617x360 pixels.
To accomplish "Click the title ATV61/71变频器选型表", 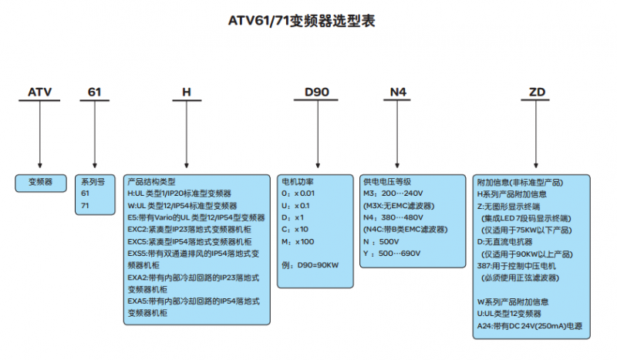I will point(308,21).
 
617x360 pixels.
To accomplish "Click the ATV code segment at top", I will point(39,93).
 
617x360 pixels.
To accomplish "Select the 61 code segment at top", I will point(94,93).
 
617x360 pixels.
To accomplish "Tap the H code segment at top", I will point(186,93).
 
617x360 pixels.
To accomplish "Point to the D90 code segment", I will point(317,93).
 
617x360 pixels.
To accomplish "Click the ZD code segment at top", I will point(538,93).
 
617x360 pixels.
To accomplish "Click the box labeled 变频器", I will point(40,183).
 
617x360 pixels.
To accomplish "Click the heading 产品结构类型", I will point(152,182).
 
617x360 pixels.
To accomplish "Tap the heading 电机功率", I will point(298,182).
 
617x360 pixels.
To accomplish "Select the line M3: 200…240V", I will point(393,193).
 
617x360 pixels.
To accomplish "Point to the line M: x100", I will point(299,241).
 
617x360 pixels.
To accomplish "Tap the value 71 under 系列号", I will point(86,206).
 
